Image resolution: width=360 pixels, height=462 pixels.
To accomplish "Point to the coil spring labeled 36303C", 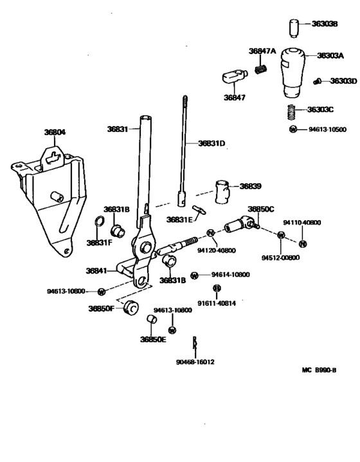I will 292,111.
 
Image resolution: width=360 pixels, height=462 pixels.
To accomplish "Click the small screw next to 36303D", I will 317,81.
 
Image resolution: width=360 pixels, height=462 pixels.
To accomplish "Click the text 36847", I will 235,97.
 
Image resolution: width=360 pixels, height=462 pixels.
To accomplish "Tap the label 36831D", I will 212,143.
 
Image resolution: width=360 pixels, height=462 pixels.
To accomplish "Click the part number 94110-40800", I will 302,223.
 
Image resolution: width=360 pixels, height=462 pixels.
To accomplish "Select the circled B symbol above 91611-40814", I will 217,288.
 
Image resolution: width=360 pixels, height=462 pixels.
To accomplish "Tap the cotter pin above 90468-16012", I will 195,343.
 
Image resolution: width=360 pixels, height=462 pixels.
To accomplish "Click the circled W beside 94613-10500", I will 293,129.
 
